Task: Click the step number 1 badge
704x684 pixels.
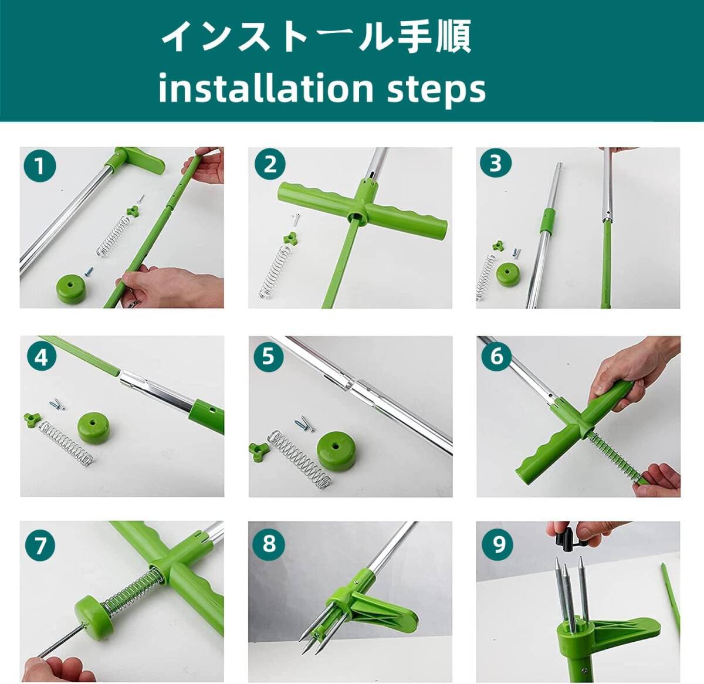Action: [x=40, y=167]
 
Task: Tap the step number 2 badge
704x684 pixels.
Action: [x=270, y=164]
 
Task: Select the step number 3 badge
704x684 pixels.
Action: [x=496, y=162]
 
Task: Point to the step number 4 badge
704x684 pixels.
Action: [x=42, y=358]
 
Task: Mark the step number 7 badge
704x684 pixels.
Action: [x=40, y=546]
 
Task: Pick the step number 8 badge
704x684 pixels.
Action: [x=269, y=543]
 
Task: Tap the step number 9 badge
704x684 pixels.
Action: [x=498, y=544]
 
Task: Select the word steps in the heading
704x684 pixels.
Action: [x=436, y=90]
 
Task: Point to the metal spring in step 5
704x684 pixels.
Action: [x=299, y=459]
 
